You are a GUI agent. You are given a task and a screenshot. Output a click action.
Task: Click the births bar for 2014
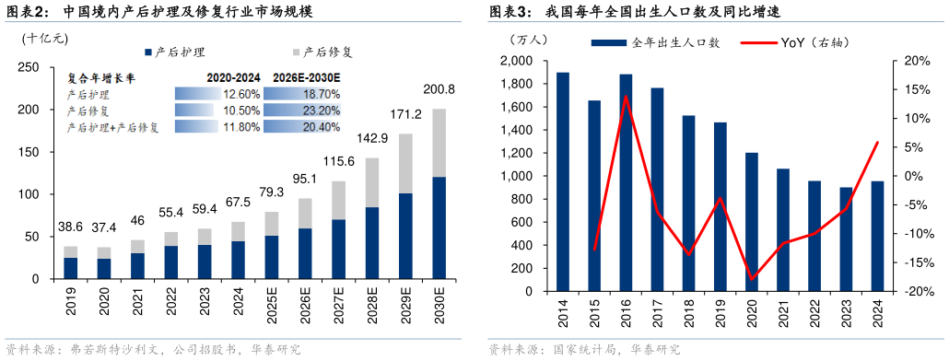[563, 181]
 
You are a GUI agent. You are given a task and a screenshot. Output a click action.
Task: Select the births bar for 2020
[752, 222]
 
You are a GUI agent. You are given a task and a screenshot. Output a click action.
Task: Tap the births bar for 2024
[877, 236]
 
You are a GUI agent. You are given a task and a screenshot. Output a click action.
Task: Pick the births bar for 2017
[657, 190]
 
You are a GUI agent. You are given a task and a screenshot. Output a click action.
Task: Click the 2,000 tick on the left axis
[517, 61]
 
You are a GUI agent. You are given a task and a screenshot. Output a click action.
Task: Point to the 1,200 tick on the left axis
[517, 153]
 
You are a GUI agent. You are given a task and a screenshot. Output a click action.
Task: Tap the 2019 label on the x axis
[721, 309]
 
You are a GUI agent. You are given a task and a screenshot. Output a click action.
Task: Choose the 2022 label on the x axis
[814, 309]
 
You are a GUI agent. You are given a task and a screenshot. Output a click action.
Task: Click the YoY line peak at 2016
[626, 96]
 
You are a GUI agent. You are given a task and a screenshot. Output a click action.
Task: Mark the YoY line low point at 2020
[752, 278]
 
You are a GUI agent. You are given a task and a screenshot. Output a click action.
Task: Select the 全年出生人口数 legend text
[675, 42]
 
